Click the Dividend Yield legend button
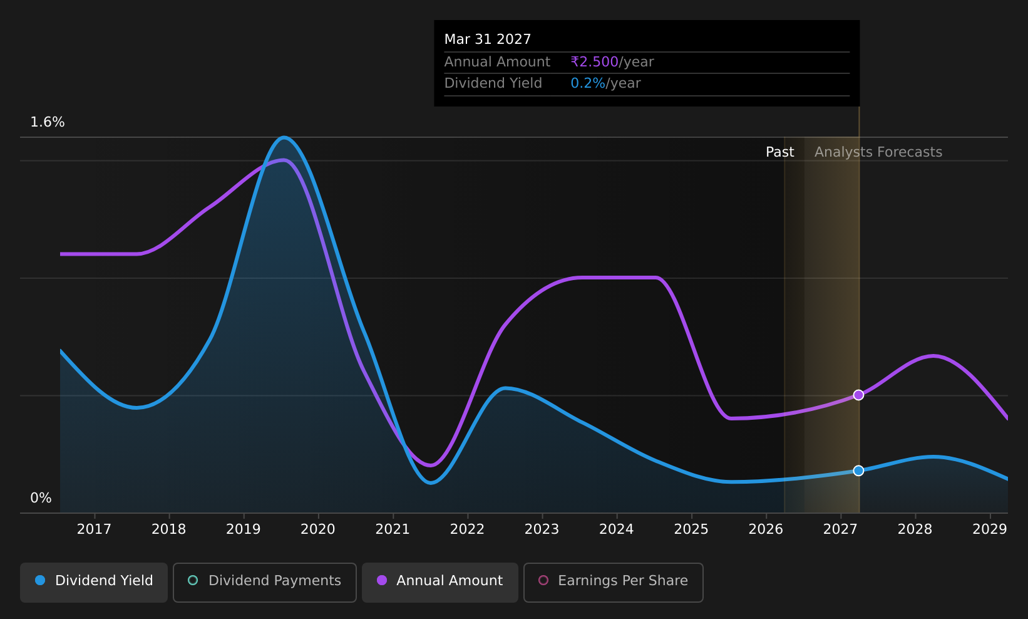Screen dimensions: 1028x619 tap(94, 582)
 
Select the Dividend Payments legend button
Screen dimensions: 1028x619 tap(265, 582)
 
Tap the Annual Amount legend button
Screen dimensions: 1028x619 tap(439, 582)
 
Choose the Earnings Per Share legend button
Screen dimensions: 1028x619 tap(613, 582)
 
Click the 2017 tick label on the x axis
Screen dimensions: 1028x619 tap(94, 529)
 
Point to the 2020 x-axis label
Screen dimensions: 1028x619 tap(318, 529)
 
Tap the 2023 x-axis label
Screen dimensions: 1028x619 tap(542, 529)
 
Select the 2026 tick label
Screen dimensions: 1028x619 tap(766, 529)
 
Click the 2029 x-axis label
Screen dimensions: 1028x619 tap(990, 529)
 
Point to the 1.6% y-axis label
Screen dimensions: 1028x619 tap(48, 122)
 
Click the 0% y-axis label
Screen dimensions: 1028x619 tap(41, 498)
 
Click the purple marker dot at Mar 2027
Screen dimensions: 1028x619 tap(858, 395)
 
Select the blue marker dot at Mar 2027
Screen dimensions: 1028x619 tap(858, 471)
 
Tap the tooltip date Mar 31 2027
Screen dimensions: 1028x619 tap(487, 39)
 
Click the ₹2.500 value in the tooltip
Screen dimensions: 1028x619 tap(594, 61)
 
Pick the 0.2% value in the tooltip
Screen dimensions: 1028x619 tap(588, 83)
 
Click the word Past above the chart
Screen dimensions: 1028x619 tap(779, 152)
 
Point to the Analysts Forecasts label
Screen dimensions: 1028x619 tap(878, 152)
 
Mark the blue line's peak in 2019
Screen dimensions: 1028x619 tap(284, 137)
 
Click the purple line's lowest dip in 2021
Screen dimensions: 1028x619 tap(430, 466)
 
